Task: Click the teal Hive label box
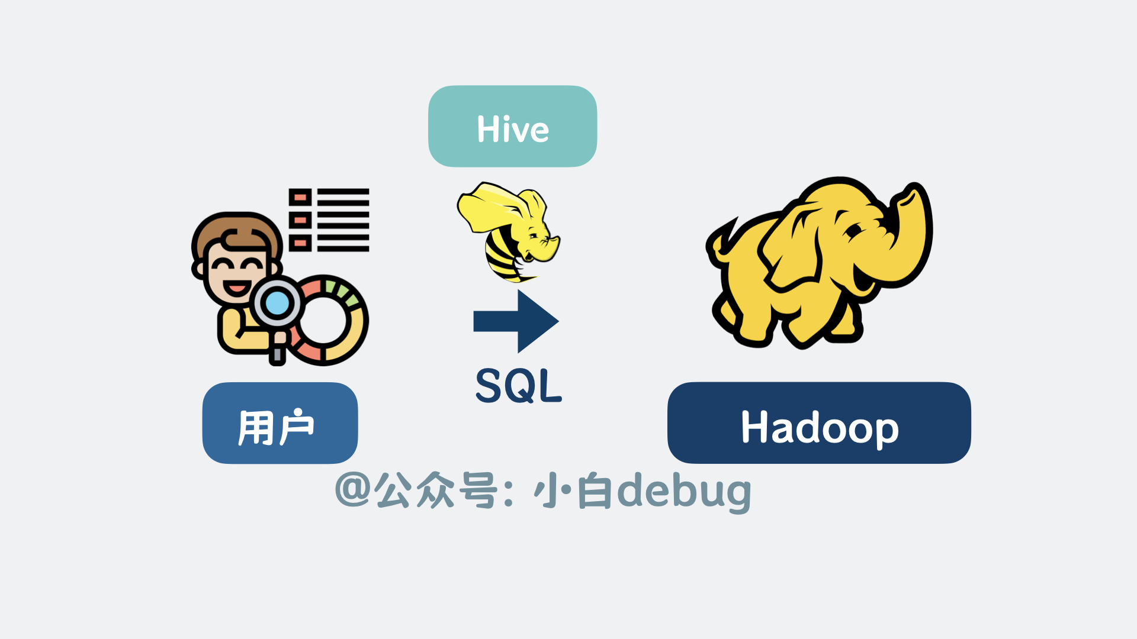(512, 126)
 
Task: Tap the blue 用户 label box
(280, 423)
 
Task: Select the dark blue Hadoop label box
(819, 422)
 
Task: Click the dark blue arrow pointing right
(516, 321)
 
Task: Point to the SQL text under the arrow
(519, 386)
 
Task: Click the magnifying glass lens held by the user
(277, 304)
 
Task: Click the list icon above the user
(329, 220)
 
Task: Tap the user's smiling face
(237, 272)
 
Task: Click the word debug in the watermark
(685, 492)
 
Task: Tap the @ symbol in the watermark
(353, 489)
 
